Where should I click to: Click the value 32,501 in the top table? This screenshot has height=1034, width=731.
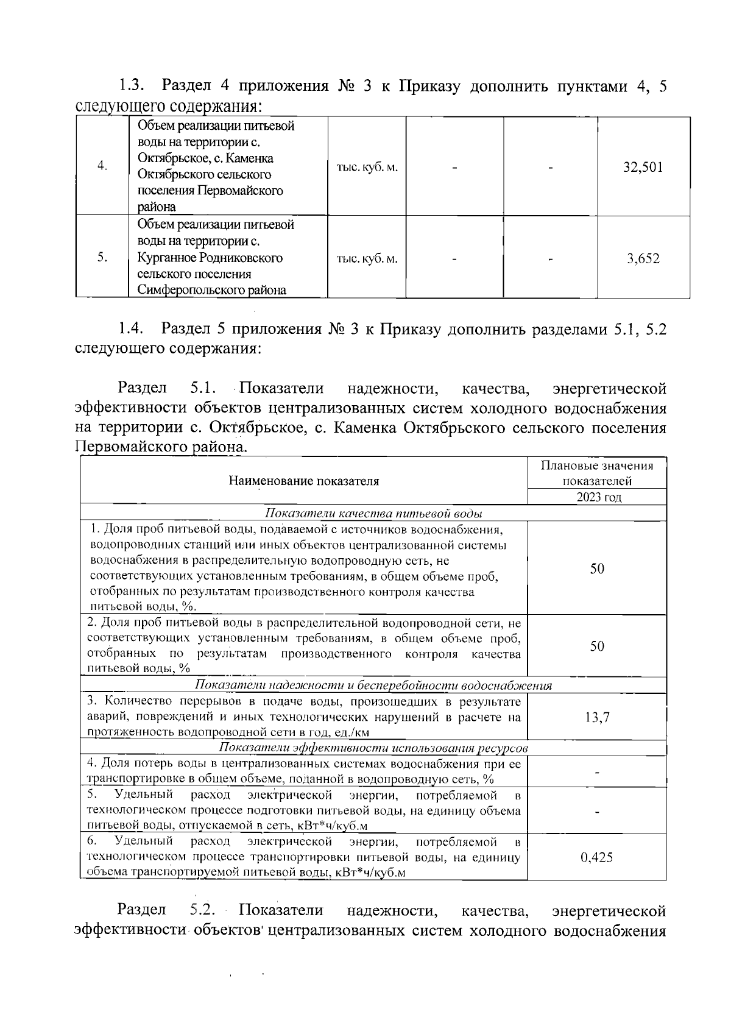pyautogui.click(x=643, y=168)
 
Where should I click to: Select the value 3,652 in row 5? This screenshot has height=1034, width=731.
pyautogui.click(x=643, y=258)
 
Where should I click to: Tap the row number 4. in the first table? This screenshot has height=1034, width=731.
pyautogui.click(x=102, y=166)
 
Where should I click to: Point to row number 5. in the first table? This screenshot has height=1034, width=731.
pyautogui.click(x=102, y=258)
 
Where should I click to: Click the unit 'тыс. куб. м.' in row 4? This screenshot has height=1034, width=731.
pyautogui.click(x=367, y=167)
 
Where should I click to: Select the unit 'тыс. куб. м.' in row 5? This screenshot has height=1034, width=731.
pyautogui.click(x=367, y=258)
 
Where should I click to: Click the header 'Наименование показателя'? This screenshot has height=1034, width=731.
pyautogui.click(x=303, y=481)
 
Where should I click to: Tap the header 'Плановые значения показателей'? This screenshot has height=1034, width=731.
pyautogui.click(x=597, y=473)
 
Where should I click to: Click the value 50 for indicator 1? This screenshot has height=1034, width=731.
pyautogui.click(x=597, y=568)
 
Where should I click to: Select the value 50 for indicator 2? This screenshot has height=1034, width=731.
pyautogui.click(x=597, y=646)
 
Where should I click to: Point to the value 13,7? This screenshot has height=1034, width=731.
pyautogui.click(x=597, y=717)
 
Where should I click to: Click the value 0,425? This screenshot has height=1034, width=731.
pyautogui.click(x=597, y=857)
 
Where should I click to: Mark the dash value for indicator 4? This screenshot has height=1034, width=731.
pyautogui.click(x=597, y=772)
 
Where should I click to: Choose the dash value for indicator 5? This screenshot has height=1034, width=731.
pyautogui.click(x=597, y=811)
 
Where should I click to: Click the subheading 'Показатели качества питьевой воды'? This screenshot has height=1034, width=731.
pyautogui.click(x=374, y=513)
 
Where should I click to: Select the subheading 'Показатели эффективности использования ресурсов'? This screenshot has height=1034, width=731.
pyautogui.click(x=373, y=748)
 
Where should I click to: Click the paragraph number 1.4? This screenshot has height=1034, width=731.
pyautogui.click(x=131, y=330)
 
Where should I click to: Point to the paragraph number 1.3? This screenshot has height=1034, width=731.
pyautogui.click(x=131, y=85)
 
